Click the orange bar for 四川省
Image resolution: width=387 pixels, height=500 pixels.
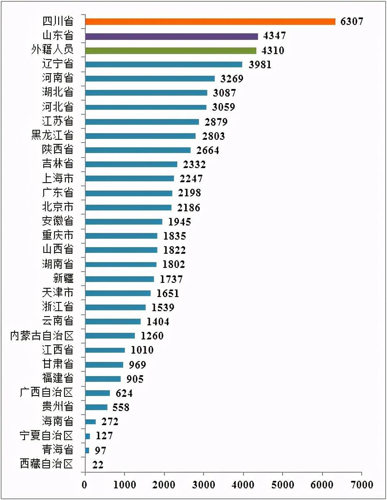coord(210,22)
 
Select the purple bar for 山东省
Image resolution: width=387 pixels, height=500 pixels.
coord(171,36)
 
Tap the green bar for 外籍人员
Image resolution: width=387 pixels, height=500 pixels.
coord(171,50)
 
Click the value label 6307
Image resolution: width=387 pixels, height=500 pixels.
coord(352,22)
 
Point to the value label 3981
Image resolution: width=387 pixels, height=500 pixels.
coord(260,65)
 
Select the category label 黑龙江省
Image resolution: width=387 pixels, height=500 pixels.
coord(52,136)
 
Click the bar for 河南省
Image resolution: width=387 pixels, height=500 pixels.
coord(150,79)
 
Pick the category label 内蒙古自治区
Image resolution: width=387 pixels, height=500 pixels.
coord(42,336)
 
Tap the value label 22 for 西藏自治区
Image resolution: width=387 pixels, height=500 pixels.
coord(98,465)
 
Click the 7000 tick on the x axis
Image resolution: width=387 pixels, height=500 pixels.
coord(362,485)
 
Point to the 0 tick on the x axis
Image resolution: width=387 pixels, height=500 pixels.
coord(85,485)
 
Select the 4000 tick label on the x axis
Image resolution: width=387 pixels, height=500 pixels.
coord(243,485)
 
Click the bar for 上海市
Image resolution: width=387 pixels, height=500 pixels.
coord(129,178)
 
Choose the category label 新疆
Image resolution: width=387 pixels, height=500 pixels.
coord(63,279)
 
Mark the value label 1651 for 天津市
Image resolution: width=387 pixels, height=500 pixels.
coord(168,293)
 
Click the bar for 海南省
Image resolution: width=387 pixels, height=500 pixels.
coord(90,422)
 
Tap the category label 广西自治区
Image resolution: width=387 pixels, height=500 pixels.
coord(47,393)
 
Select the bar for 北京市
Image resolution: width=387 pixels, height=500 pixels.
coord(128,207)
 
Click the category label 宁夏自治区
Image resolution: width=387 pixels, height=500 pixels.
coord(47,436)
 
